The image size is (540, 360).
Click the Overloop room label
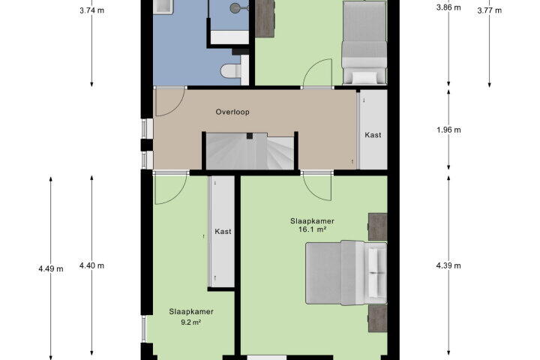(x=232, y=112)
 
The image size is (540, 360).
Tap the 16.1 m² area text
(x=312, y=229)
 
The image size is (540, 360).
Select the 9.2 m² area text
(x=191, y=322)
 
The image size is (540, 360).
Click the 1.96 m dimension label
(x=448, y=130)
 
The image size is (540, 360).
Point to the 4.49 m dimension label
(x=51, y=268)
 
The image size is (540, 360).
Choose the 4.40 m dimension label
(x=91, y=265)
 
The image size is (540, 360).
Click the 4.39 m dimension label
(x=448, y=265)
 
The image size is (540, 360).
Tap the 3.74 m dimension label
(x=91, y=10)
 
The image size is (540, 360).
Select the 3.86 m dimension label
(x=448, y=7)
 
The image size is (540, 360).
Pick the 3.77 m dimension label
(x=489, y=10)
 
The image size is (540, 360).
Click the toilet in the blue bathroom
(x=231, y=71)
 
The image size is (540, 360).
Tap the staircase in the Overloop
(x=250, y=151)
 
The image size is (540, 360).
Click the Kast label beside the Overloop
(x=373, y=135)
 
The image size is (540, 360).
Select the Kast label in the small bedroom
(x=223, y=232)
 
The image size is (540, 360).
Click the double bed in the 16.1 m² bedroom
(x=346, y=273)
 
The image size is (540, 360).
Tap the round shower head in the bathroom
(x=235, y=7)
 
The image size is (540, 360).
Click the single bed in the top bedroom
(x=364, y=42)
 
